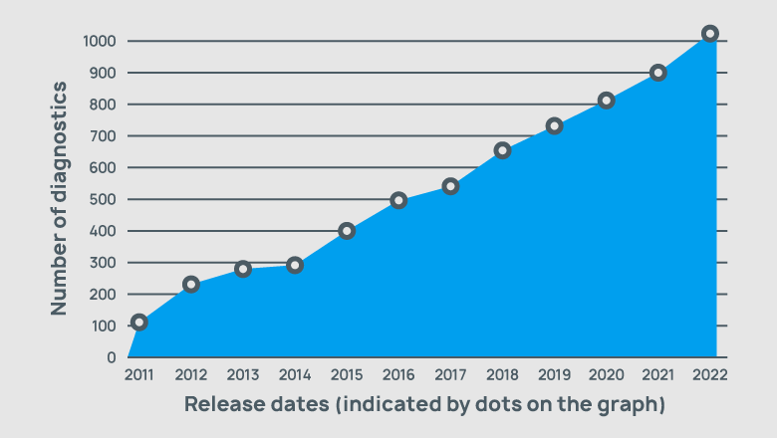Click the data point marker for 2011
pos(139,322)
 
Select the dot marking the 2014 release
pos(295,265)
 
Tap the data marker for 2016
pos(398,200)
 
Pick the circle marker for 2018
pos(502,150)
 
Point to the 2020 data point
pos(606,101)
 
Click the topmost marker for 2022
pos(709,33)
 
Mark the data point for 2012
pos(191,284)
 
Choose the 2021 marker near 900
pos(657,73)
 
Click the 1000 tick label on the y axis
pos(100,42)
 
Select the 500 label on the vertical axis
pos(104,200)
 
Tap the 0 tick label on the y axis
pos(112,357)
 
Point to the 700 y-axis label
pos(104,136)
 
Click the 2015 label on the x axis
pos(346,375)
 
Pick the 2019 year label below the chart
pos(553,375)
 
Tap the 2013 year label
pos(242,375)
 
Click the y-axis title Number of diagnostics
pos(60,199)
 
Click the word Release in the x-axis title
pos(221,405)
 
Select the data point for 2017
pos(450,186)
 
